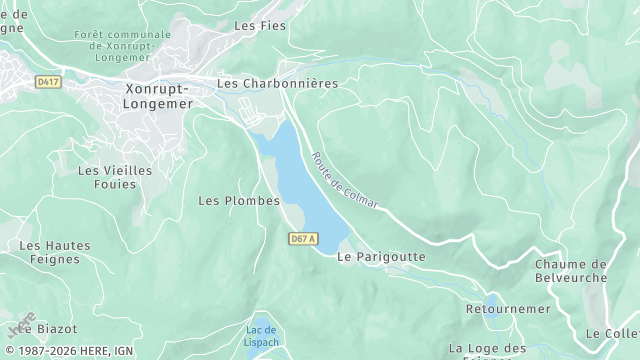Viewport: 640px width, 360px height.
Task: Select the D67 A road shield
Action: pyautogui.click(x=303, y=238)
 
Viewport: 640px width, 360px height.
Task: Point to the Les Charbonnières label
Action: pyautogui.click(x=277, y=83)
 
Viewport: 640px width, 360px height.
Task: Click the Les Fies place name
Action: pyautogui.click(x=258, y=25)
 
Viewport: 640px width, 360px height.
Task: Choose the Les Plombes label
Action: pyautogui.click(x=239, y=201)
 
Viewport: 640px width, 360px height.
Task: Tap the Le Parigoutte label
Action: pyautogui.click(x=381, y=257)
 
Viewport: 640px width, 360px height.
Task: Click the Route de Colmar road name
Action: pyautogui.click(x=345, y=180)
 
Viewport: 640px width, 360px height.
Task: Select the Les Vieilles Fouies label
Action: pyautogui.click(x=115, y=177)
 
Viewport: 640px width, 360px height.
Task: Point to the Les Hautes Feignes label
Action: pyautogui.click(x=55, y=252)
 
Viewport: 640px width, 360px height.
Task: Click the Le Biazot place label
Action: pyautogui.click(x=42, y=327)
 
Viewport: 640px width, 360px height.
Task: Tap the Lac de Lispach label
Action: pyautogui.click(x=261, y=336)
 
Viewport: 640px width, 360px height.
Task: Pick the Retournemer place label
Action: pyautogui.click(x=508, y=309)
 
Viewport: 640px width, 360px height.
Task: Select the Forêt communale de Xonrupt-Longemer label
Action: pyautogui.click(x=122, y=46)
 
